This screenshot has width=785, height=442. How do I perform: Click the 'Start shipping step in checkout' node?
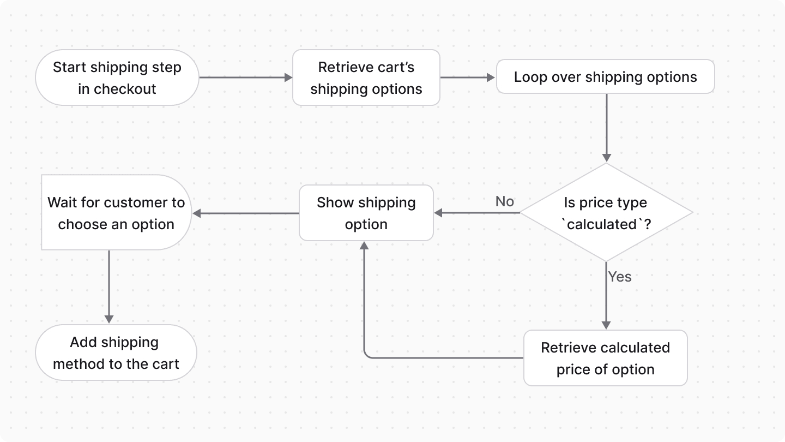(117, 77)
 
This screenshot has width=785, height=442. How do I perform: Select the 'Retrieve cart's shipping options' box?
(366, 77)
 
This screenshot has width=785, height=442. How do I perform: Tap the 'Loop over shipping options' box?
(605, 77)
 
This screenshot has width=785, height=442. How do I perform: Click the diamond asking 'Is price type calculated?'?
(606, 213)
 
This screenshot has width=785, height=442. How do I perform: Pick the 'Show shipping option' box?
(366, 213)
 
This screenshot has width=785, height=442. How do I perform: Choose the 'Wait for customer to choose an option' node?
(116, 213)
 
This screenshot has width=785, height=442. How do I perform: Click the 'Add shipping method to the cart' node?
(116, 353)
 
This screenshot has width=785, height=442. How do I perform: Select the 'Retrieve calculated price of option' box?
(605, 358)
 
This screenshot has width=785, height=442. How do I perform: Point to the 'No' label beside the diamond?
(504, 201)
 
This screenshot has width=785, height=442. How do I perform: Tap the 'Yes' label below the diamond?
(620, 277)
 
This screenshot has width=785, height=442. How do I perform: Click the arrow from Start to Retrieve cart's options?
(245, 77)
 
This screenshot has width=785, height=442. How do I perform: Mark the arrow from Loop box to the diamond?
(606, 128)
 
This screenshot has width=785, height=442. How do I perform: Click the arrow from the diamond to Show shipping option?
(477, 213)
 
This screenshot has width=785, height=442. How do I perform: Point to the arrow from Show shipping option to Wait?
(245, 213)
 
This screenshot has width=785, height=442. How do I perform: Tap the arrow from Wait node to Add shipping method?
(109, 286)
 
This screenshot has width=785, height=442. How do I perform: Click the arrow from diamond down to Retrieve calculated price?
(606, 297)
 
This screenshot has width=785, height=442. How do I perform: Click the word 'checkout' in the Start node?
(125, 89)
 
